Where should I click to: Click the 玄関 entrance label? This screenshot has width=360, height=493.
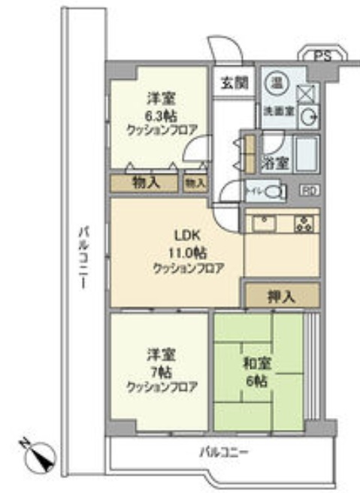point(233,83)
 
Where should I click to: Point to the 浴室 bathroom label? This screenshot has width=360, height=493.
point(271,161)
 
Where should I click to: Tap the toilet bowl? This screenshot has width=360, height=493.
point(276,192)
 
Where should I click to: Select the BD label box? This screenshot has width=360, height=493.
point(309,191)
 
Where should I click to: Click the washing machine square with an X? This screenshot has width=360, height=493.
point(307,93)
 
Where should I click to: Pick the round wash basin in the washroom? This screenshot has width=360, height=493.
point(309,116)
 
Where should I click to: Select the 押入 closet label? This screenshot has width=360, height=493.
point(282,295)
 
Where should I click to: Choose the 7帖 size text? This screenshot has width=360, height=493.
point(160,371)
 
